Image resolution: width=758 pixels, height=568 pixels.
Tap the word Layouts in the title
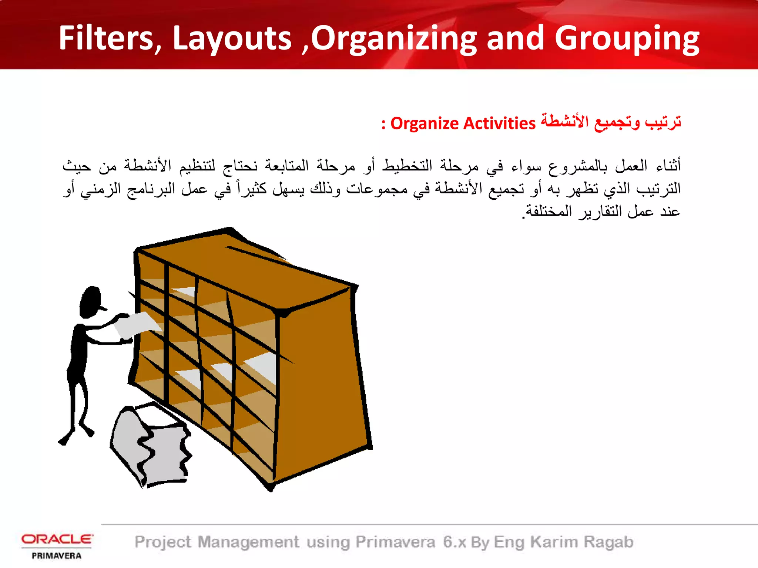(x=232, y=38)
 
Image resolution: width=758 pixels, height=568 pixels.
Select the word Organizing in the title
(x=394, y=39)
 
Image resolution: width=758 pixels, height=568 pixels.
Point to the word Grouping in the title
(x=627, y=39)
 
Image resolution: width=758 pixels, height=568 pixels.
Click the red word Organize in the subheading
(x=424, y=124)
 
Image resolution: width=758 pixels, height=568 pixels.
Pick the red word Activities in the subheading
(x=499, y=124)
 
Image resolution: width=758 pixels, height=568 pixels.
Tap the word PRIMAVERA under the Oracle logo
(x=57, y=556)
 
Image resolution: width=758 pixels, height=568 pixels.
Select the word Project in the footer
(x=163, y=542)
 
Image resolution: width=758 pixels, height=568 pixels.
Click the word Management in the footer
(x=248, y=542)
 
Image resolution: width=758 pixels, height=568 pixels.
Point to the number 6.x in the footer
(x=455, y=542)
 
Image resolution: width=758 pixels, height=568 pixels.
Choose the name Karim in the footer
(x=554, y=542)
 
